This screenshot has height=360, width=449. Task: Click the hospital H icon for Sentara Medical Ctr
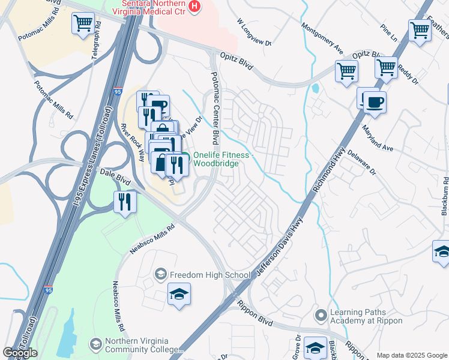pos(194,7)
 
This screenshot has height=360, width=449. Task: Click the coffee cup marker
pos(375,102)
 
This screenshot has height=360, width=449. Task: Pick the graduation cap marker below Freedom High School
pos(178,295)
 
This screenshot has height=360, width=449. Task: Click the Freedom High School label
pos(209,275)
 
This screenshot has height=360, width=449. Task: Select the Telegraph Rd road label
pos(95,47)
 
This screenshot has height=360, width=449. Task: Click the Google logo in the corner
pos(20,353)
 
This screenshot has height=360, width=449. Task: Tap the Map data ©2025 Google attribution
pos(411,355)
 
